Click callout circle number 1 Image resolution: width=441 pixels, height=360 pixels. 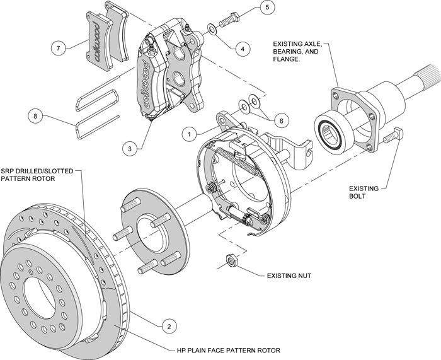click(x=187, y=133)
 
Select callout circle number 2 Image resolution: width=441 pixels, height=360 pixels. click(x=168, y=326)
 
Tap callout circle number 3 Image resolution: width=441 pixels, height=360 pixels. click(x=130, y=149)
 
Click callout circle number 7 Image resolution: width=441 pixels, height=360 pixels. click(x=59, y=48)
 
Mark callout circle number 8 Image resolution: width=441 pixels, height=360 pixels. click(x=37, y=117)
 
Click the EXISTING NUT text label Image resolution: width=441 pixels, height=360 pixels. click(x=288, y=275)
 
